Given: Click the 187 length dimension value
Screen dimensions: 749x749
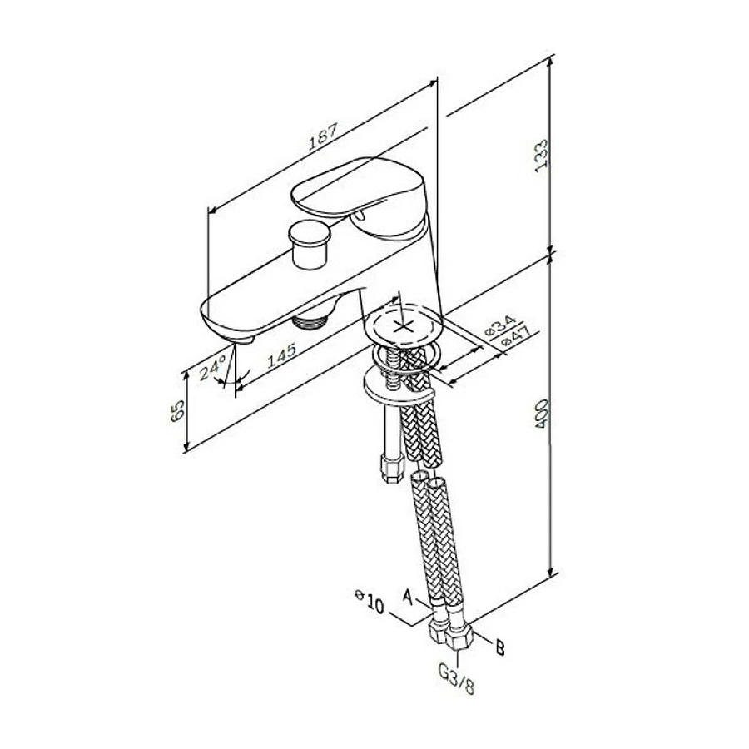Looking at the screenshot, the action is coord(323,137).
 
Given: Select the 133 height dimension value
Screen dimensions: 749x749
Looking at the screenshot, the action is coord(541,156).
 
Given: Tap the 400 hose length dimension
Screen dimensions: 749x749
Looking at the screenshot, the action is coord(541,413).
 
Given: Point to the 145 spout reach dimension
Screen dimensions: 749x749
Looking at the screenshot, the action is coord(281,355).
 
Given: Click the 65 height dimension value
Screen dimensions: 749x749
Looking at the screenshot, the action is coord(177,409).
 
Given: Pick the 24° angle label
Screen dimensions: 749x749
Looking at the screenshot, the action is coord(212,368).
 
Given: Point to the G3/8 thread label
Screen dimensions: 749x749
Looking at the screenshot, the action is coord(457,677).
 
